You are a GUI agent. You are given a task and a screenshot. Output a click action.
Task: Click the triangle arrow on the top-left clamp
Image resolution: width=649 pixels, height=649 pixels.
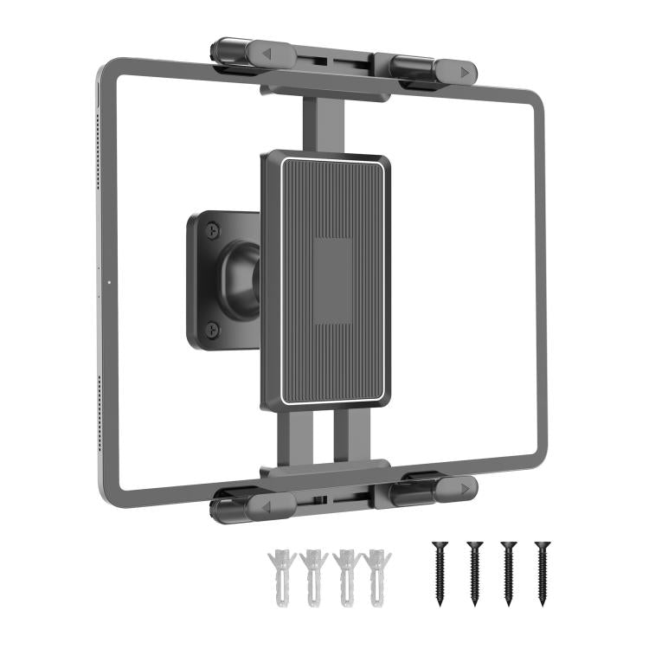(x=267, y=54)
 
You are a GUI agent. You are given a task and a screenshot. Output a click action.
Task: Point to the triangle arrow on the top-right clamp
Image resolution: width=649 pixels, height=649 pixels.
(x=466, y=74)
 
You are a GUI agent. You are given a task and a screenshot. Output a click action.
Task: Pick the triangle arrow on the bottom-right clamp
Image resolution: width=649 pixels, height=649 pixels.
(x=466, y=486)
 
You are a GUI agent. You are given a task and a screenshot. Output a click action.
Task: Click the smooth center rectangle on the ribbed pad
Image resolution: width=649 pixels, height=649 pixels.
(x=332, y=282)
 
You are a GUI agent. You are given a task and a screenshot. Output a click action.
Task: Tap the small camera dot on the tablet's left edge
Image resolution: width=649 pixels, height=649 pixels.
(x=110, y=281)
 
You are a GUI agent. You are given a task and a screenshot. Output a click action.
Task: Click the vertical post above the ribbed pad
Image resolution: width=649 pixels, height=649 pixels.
(x=318, y=121)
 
